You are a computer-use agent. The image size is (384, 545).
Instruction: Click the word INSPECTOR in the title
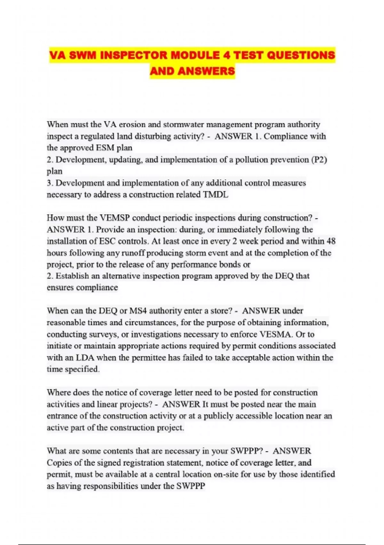(x=134, y=55)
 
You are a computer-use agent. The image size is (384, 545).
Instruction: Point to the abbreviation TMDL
(x=216, y=195)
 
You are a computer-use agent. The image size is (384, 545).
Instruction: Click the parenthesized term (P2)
(x=319, y=160)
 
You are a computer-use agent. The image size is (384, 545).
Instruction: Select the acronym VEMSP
(x=115, y=218)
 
